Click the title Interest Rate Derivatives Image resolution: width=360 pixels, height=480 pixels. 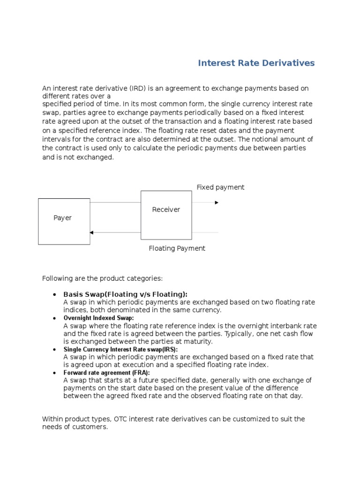pos(256,63)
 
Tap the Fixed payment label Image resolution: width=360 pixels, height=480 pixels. pos(220,187)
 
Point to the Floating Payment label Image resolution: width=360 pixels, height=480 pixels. pos(177,248)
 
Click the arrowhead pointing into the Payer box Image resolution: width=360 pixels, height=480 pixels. pos(92,232)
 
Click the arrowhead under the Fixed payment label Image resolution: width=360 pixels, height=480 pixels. pos(217,202)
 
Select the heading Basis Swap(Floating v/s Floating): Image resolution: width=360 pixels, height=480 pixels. pos(125,294)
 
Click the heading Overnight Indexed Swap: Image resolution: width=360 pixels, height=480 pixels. pos(98,318)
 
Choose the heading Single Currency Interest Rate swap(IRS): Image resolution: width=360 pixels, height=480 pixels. pos(120,349)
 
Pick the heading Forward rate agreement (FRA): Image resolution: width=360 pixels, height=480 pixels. pos(106,373)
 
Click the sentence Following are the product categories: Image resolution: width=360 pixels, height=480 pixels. pos(102,278)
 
